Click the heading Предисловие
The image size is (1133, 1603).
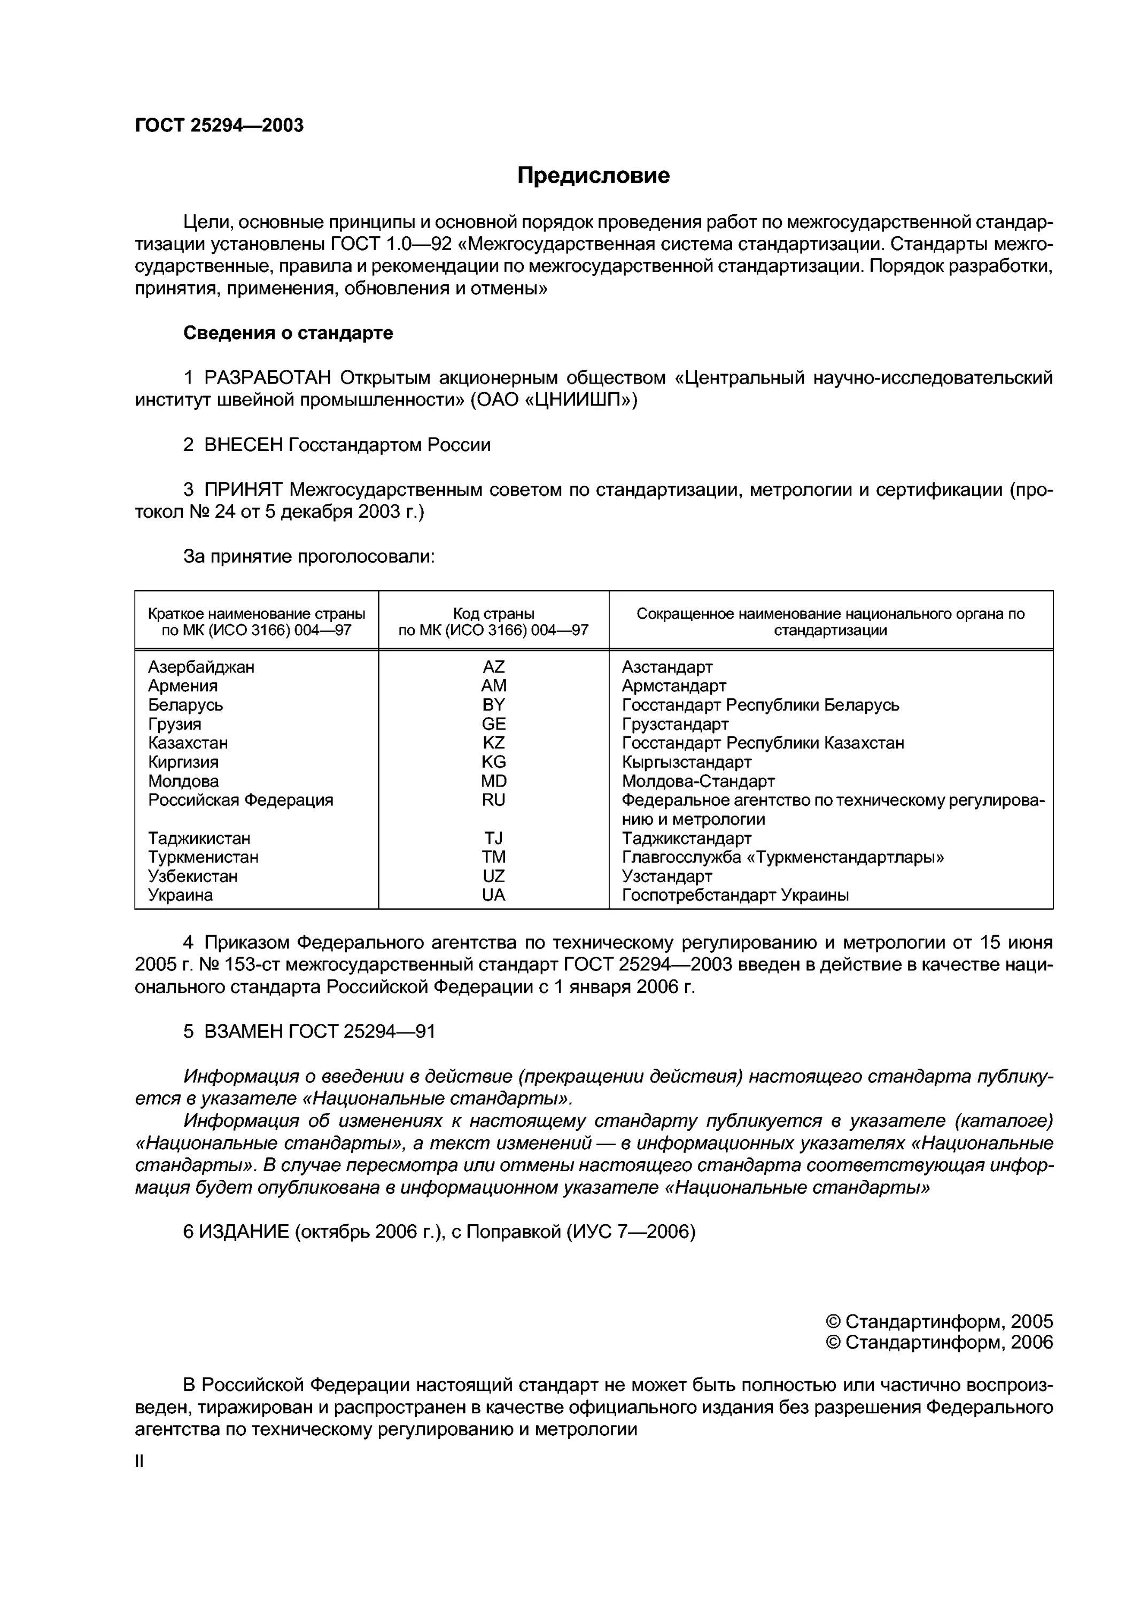click(x=593, y=175)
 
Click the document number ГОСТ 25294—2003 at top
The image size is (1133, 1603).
click(x=219, y=125)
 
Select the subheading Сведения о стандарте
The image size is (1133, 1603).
click(x=288, y=333)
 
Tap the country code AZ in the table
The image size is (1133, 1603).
click(x=493, y=667)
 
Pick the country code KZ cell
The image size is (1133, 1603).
click(x=493, y=743)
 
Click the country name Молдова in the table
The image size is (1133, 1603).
click(x=183, y=781)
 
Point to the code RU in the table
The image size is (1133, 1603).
click(x=493, y=800)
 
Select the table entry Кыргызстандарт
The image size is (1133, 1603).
click(x=686, y=762)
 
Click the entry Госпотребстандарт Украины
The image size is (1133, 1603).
click(x=735, y=895)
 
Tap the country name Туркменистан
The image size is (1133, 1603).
click(x=203, y=858)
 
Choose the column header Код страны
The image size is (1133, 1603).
click(x=493, y=614)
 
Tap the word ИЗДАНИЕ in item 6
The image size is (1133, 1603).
click(x=244, y=1232)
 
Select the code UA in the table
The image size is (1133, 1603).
click(x=493, y=895)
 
